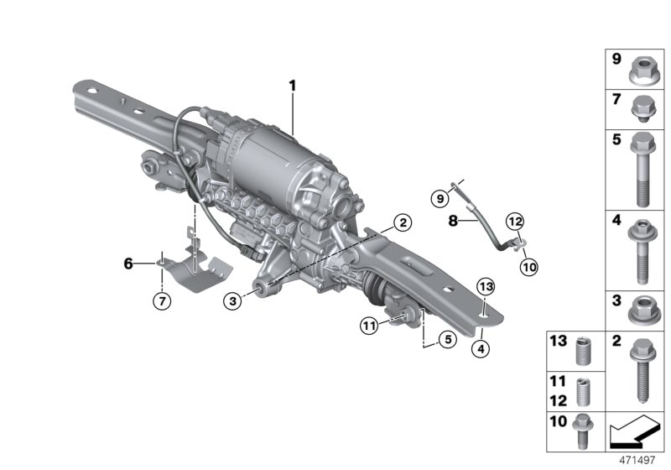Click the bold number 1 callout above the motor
pyautogui.click(x=294, y=85)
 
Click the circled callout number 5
pyautogui.click(x=445, y=340)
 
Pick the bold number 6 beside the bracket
pyautogui.click(x=128, y=264)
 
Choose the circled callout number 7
pyautogui.click(x=159, y=300)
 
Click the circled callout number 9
pyautogui.click(x=460, y=199)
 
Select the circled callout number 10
pyautogui.click(x=528, y=268)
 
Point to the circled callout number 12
pyautogui.click(x=514, y=222)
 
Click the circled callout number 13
pyautogui.click(x=486, y=287)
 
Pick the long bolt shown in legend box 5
pyautogui.click(x=640, y=170)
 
